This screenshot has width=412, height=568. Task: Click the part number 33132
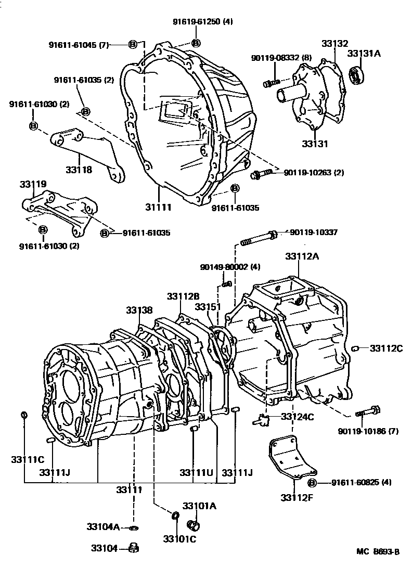[334, 44]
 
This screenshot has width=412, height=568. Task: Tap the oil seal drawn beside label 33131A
[357, 75]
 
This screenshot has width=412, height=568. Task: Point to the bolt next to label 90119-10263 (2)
[260, 175]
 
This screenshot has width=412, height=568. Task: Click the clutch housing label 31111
[159, 207]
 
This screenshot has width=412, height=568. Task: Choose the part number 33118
[79, 170]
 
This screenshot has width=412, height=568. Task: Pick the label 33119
[33, 184]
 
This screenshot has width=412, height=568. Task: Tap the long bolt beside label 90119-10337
[258, 239]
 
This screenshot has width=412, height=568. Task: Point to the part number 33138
[139, 311]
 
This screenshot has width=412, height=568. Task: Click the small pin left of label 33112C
[355, 347]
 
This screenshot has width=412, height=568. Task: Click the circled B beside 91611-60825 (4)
[313, 483]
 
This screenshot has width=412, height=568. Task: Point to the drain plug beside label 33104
[132, 548]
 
